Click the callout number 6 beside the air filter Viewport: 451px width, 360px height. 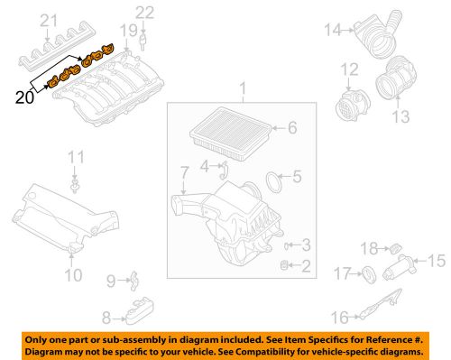coord(291,128)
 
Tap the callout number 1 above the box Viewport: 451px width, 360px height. coord(242,88)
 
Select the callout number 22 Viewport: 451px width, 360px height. coord(145,13)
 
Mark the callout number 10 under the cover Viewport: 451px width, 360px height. coord(74,272)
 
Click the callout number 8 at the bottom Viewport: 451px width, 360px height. coord(106,318)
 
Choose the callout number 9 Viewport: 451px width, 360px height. coord(109,281)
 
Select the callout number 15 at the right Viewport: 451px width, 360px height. coord(437,263)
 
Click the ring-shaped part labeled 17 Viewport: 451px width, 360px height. coord(369,273)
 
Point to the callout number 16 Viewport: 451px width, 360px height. coord(339,317)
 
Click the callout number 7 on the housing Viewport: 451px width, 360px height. coord(185,171)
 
